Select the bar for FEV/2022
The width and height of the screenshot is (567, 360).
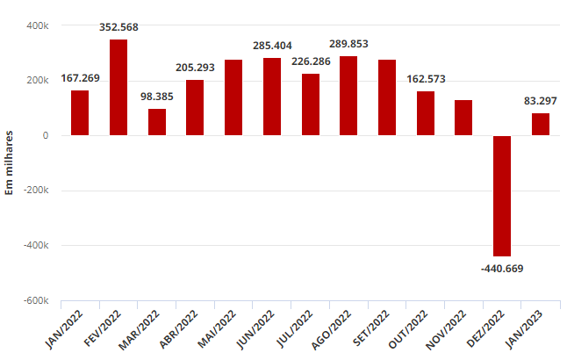tap(118, 87)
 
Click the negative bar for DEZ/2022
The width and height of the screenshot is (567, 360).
tap(502, 196)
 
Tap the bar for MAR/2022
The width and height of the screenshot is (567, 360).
tap(157, 122)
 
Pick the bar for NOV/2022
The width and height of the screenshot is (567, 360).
tap(463, 118)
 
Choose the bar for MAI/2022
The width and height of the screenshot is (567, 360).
tap(233, 97)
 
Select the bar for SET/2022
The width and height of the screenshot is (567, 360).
tap(387, 97)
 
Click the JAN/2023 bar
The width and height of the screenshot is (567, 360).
tap(541, 125)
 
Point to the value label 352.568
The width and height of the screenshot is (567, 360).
tap(118, 27)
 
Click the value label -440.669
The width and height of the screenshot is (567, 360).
tap(502, 269)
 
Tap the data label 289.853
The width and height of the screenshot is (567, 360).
tap(348, 44)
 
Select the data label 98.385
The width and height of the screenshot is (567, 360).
tap(157, 97)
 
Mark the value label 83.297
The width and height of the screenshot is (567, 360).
tap(541, 101)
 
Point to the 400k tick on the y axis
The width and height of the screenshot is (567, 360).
tap(37, 25)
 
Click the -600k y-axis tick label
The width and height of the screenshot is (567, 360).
tap(36, 300)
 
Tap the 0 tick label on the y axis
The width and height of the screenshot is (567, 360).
tap(45, 136)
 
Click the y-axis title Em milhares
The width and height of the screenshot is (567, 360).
tap(9, 162)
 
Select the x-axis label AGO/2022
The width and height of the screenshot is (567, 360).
tap(331, 329)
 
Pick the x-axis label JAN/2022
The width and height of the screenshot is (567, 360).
tap(64, 329)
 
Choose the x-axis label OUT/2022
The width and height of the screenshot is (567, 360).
tap(408, 329)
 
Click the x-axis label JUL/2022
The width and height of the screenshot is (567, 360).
tap(294, 328)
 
